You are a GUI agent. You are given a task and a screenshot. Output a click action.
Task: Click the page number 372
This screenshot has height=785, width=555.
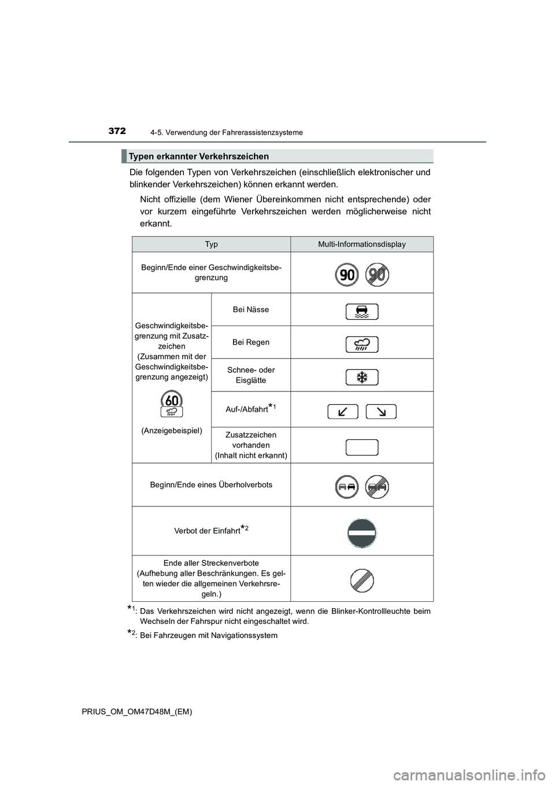coord(117,131)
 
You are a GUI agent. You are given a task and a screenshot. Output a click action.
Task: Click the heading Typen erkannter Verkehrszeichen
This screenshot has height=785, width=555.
coord(199,157)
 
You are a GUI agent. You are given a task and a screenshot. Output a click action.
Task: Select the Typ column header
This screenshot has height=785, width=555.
coord(211,245)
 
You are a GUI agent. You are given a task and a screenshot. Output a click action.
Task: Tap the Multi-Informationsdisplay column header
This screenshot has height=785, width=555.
coord(362,245)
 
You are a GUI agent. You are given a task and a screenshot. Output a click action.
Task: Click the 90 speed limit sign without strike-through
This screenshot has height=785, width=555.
coord(347,275)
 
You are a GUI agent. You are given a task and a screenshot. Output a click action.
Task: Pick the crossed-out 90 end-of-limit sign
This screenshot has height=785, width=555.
coord(378,275)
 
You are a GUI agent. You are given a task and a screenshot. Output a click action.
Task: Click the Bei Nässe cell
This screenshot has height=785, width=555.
coord(251,310)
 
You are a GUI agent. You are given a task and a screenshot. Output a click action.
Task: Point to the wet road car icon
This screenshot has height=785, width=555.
coord(362,312)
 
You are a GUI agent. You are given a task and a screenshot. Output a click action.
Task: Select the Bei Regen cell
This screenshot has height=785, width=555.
coord(251,342)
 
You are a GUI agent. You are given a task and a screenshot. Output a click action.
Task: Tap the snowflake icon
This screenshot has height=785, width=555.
coord(362,377)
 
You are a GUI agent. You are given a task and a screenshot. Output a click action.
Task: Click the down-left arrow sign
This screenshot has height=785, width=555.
coord(343,412)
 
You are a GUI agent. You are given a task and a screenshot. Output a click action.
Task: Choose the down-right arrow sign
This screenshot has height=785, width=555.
coord(381,412)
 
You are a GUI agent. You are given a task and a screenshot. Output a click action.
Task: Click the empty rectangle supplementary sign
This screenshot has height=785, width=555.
coord(362,447)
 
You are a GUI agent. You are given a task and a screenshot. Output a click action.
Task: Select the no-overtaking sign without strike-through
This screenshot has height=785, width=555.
coord(347,487)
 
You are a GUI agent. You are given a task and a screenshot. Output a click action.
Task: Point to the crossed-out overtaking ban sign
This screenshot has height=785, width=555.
coord(378,487)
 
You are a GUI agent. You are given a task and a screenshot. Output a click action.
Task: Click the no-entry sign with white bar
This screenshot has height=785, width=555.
coord(362,532)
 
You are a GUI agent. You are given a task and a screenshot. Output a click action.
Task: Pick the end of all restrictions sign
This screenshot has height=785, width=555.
coord(362,580)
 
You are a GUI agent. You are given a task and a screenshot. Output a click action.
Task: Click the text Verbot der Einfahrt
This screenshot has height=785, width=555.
coord(208,531)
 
